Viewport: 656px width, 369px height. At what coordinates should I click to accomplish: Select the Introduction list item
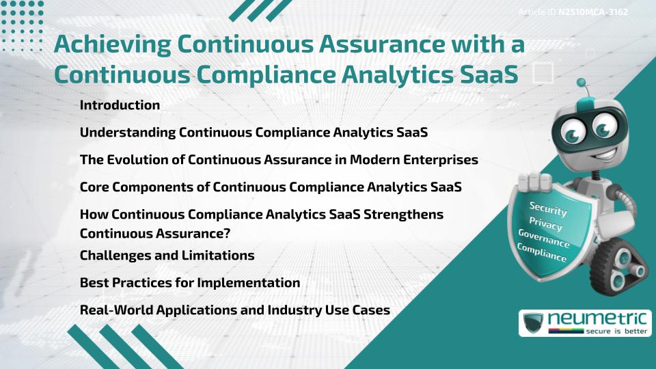click(x=120, y=105)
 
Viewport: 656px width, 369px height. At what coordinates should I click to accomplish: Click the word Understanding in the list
click(x=127, y=133)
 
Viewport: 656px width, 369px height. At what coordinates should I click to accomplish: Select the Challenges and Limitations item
click(x=167, y=256)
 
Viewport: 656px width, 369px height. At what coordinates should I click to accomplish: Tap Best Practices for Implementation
click(x=190, y=283)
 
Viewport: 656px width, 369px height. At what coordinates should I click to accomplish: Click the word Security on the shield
click(x=547, y=209)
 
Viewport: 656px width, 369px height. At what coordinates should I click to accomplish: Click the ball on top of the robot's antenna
click(x=582, y=83)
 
